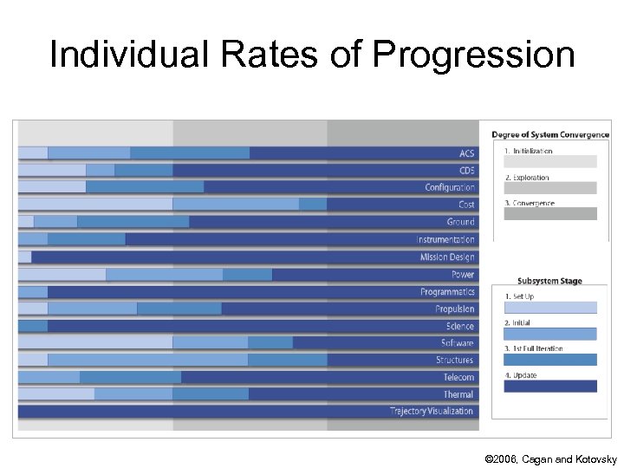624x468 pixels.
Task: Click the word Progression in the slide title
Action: (x=473, y=55)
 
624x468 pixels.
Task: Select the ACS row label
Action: (x=466, y=153)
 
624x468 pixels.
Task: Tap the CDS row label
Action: (x=466, y=171)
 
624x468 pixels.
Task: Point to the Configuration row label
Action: (x=450, y=187)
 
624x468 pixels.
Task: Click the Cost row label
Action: (x=466, y=205)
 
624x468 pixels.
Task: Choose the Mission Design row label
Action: (x=447, y=257)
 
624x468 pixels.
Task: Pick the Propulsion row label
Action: (x=454, y=309)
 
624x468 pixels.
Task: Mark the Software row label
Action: (x=456, y=343)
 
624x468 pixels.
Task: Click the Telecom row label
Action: (x=458, y=377)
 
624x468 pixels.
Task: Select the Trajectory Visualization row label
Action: (x=432, y=411)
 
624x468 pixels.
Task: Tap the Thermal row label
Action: (x=458, y=394)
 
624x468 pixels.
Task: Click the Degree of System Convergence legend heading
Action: (x=550, y=134)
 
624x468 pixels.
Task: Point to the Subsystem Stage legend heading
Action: (x=549, y=281)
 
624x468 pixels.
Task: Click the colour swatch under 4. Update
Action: (x=550, y=387)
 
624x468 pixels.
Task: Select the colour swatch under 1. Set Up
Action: (x=550, y=308)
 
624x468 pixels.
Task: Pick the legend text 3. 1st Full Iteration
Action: (x=533, y=348)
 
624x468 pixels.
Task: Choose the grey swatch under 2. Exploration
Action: (x=550, y=188)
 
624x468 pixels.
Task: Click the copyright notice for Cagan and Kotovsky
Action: (x=551, y=458)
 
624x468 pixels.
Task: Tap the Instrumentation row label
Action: (x=445, y=239)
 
